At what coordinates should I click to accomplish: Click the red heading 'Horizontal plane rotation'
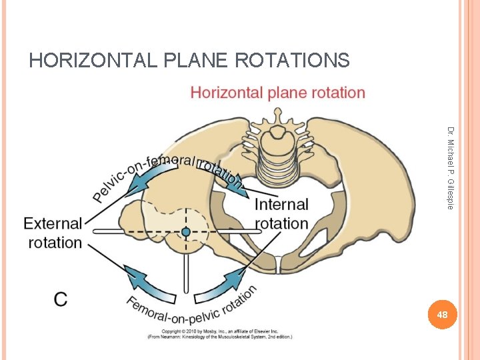pyautogui.click(x=277, y=92)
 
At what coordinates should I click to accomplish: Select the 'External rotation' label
pyautogui.click(x=53, y=233)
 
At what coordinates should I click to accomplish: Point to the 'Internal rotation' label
pyautogui.click(x=281, y=213)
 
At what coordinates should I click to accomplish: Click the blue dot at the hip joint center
pyautogui.click(x=186, y=231)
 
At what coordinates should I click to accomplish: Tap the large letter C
pyautogui.click(x=61, y=299)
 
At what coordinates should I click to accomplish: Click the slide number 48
pyautogui.click(x=440, y=314)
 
